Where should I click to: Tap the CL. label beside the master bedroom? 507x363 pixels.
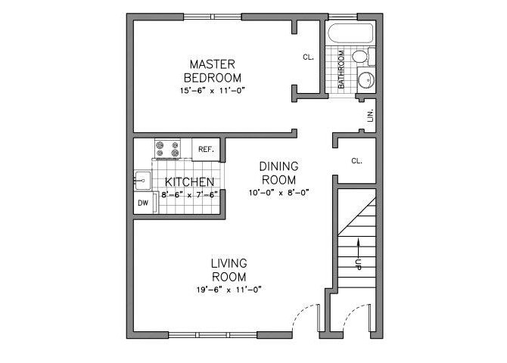pyautogui.click(x=308, y=57)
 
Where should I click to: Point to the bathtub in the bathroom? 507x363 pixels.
pyautogui.click(x=350, y=34)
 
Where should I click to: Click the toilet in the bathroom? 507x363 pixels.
pyautogui.click(x=361, y=57)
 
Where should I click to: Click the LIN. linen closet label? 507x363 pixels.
pyautogui.click(x=370, y=115)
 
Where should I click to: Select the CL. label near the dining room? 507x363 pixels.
pyautogui.click(x=356, y=161)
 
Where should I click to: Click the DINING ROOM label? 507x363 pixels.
pyautogui.click(x=278, y=172)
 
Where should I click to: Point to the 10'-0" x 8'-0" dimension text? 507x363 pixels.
pyautogui.click(x=278, y=192)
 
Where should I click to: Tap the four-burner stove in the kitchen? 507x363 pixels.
pyautogui.click(x=167, y=149)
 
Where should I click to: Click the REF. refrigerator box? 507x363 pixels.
pyautogui.click(x=206, y=149)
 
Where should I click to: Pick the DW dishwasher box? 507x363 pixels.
pyautogui.click(x=142, y=203)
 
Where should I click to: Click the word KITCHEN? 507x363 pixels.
pyautogui.click(x=184, y=182)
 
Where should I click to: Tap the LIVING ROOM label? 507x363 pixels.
pyautogui.click(x=229, y=269)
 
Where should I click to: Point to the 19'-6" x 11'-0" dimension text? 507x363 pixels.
pyautogui.click(x=229, y=289)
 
